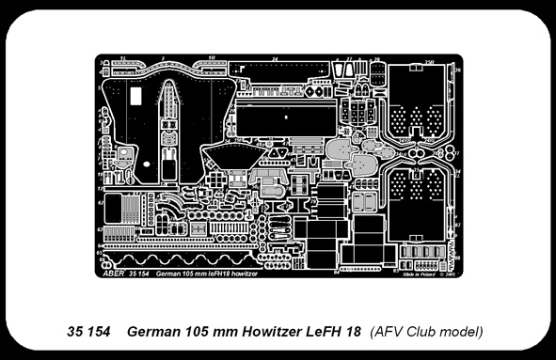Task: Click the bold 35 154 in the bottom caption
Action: [90, 332]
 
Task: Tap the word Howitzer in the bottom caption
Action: [274, 332]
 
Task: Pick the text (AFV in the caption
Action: [389, 332]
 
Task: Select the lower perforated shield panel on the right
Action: [419, 202]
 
